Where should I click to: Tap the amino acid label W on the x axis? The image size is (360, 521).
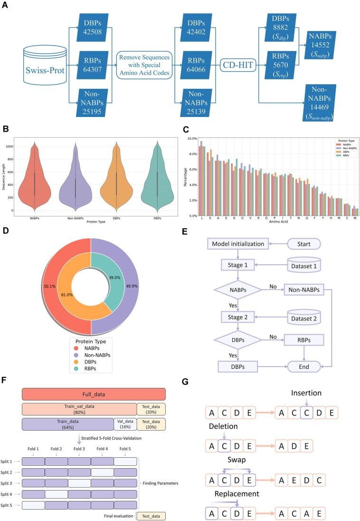coord(354,220)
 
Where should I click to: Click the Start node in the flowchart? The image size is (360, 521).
coord(304,244)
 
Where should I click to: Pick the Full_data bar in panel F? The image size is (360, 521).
coord(94,394)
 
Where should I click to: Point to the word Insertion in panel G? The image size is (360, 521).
coord(307,393)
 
